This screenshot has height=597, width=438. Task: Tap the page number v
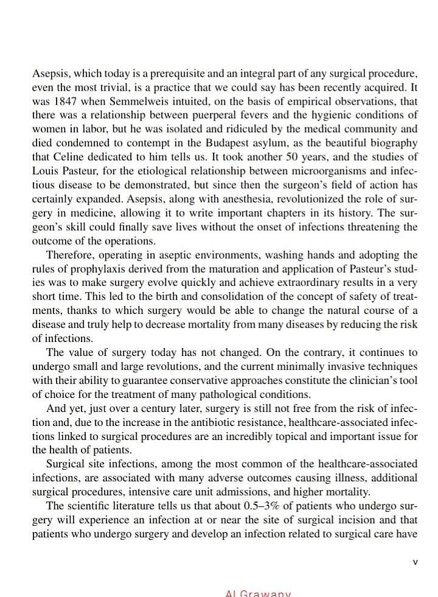tap(415, 562)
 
